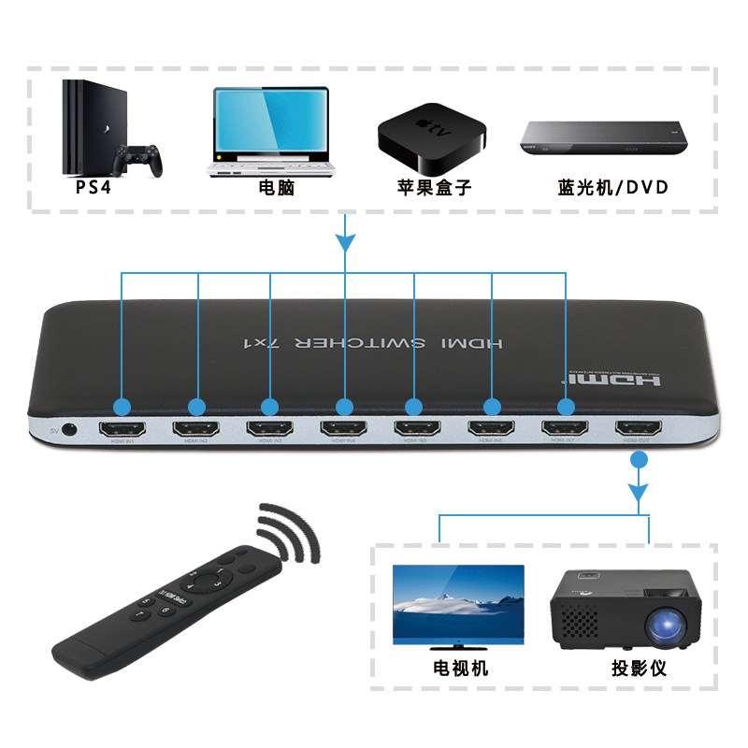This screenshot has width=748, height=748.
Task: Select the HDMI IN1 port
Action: tap(122, 431)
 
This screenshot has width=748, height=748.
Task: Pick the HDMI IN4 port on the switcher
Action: tap(344, 431)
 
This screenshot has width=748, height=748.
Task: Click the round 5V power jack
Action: tap(69, 431)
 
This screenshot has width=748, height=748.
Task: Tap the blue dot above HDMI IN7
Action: tap(565, 407)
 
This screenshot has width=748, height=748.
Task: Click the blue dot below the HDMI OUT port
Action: tap(640, 460)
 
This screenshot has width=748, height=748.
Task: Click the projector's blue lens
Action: tap(667, 621)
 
